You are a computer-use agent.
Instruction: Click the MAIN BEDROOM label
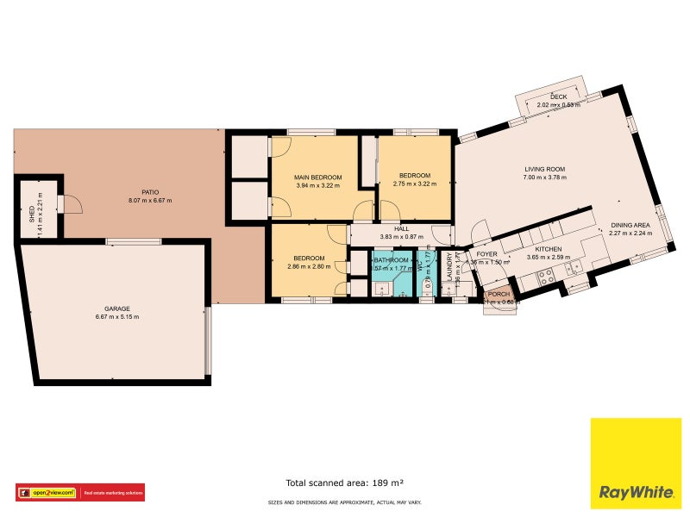[318, 178]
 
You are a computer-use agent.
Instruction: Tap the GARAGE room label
[116, 308]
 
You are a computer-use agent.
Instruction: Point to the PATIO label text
[150, 192]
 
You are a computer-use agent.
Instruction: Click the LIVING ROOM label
[544, 169]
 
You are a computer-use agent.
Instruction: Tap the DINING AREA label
[630, 224]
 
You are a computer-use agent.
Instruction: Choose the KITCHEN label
[548, 248]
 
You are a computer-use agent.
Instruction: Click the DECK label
[558, 97]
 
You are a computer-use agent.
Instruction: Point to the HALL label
[401, 228]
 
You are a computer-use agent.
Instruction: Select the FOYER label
[487, 254]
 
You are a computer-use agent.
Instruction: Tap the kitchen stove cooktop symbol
[545, 277]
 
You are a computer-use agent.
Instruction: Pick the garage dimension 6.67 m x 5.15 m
[116, 317]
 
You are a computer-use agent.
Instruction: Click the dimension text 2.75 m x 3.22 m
[411, 184]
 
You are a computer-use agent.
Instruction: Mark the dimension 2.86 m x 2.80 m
[309, 266]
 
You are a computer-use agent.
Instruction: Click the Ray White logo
[635, 463]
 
